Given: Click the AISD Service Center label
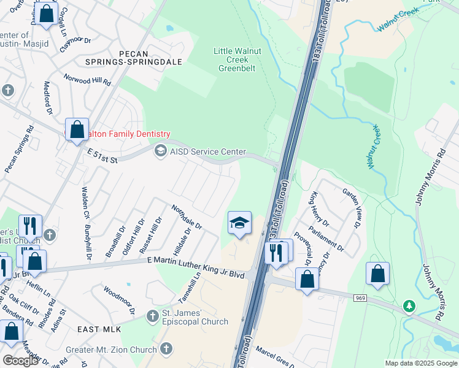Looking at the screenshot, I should pyautogui.click(x=209, y=151).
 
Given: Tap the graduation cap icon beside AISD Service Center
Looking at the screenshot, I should pyautogui.click(x=160, y=151).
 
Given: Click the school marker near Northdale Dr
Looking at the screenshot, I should pyautogui.click(x=239, y=223).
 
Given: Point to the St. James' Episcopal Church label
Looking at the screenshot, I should pyautogui.click(x=195, y=318).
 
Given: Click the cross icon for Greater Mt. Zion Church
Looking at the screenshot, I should pyautogui.click(x=164, y=349).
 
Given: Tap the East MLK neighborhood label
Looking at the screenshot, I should pyautogui.click(x=99, y=329).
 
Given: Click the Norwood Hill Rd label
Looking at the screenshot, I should pyautogui.click(x=88, y=80).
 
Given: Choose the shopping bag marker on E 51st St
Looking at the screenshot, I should pyautogui.click(x=77, y=130).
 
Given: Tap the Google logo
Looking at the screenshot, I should pyautogui.click(x=20, y=361).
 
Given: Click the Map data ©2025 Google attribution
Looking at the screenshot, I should pyautogui.click(x=420, y=363).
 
